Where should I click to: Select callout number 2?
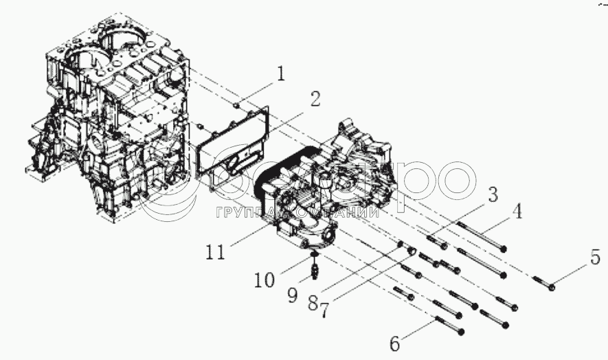(x=314, y=98)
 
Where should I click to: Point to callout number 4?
(x=517, y=211)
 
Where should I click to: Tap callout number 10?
(x=264, y=280)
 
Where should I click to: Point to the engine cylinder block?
(x=110, y=124)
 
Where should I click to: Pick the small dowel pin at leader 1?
(x=236, y=105)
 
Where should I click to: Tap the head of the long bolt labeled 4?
(x=504, y=249)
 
